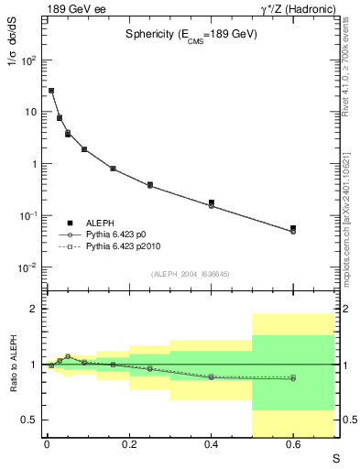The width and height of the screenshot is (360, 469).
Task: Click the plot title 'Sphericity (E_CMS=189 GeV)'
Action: [x=191, y=34]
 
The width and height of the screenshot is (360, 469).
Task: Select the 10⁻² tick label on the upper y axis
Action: [x=27, y=267]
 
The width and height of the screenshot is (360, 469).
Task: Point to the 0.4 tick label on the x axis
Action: [x=211, y=445]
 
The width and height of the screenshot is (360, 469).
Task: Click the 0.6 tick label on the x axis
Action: [x=293, y=445]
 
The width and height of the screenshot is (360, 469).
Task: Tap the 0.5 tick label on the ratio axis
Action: [x=29, y=420]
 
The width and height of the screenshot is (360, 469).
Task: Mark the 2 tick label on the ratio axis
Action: [x=34, y=309]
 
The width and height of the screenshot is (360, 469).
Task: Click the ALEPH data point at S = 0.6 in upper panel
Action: [x=293, y=228]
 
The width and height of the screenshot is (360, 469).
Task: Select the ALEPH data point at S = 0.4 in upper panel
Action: [x=211, y=202]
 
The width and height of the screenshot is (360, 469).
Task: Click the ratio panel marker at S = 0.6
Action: [x=293, y=377]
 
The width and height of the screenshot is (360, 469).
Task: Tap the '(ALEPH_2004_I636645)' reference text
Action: [x=191, y=274]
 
